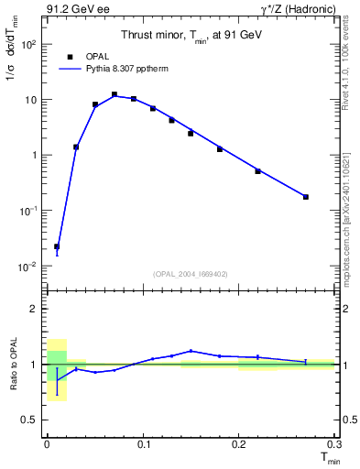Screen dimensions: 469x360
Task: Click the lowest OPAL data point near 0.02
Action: point(57,246)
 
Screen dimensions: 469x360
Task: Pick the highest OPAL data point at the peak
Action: point(115,94)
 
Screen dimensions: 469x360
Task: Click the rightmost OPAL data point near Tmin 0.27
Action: point(306,197)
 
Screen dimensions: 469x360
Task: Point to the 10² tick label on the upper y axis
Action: point(28,44)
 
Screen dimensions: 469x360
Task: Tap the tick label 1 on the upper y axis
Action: point(34,155)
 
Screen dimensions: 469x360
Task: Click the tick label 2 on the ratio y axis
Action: point(34,309)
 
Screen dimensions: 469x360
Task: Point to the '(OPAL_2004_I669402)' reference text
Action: point(191,273)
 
